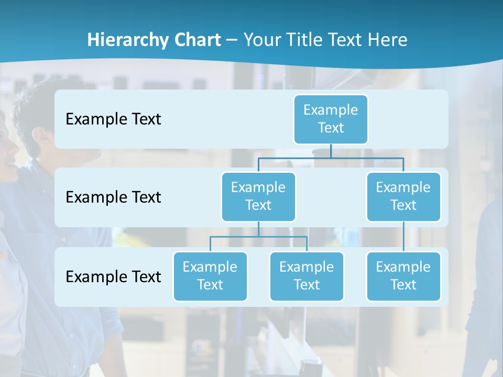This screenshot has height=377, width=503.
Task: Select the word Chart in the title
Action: click(x=196, y=40)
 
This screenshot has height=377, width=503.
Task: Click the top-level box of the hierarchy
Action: click(x=331, y=119)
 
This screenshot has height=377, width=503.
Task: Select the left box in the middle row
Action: click(x=258, y=196)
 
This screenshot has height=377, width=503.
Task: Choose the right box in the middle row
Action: click(x=403, y=196)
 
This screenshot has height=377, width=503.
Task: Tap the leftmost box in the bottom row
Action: click(x=210, y=276)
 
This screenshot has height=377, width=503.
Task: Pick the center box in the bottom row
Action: click(x=307, y=276)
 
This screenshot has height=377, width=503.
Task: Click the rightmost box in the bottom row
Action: click(x=403, y=276)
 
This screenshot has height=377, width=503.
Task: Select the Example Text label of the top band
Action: click(x=113, y=119)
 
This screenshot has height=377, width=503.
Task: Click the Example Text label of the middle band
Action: click(x=113, y=197)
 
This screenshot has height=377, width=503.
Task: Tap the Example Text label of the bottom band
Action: click(x=113, y=277)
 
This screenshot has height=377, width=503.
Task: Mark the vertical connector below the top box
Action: click(x=331, y=151)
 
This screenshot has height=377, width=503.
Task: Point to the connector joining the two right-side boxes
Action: click(x=403, y=237)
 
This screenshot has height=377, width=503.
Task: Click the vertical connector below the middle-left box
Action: click(x=258, y=229)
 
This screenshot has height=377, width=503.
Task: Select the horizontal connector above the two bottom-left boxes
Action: click(x=236, y=237)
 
